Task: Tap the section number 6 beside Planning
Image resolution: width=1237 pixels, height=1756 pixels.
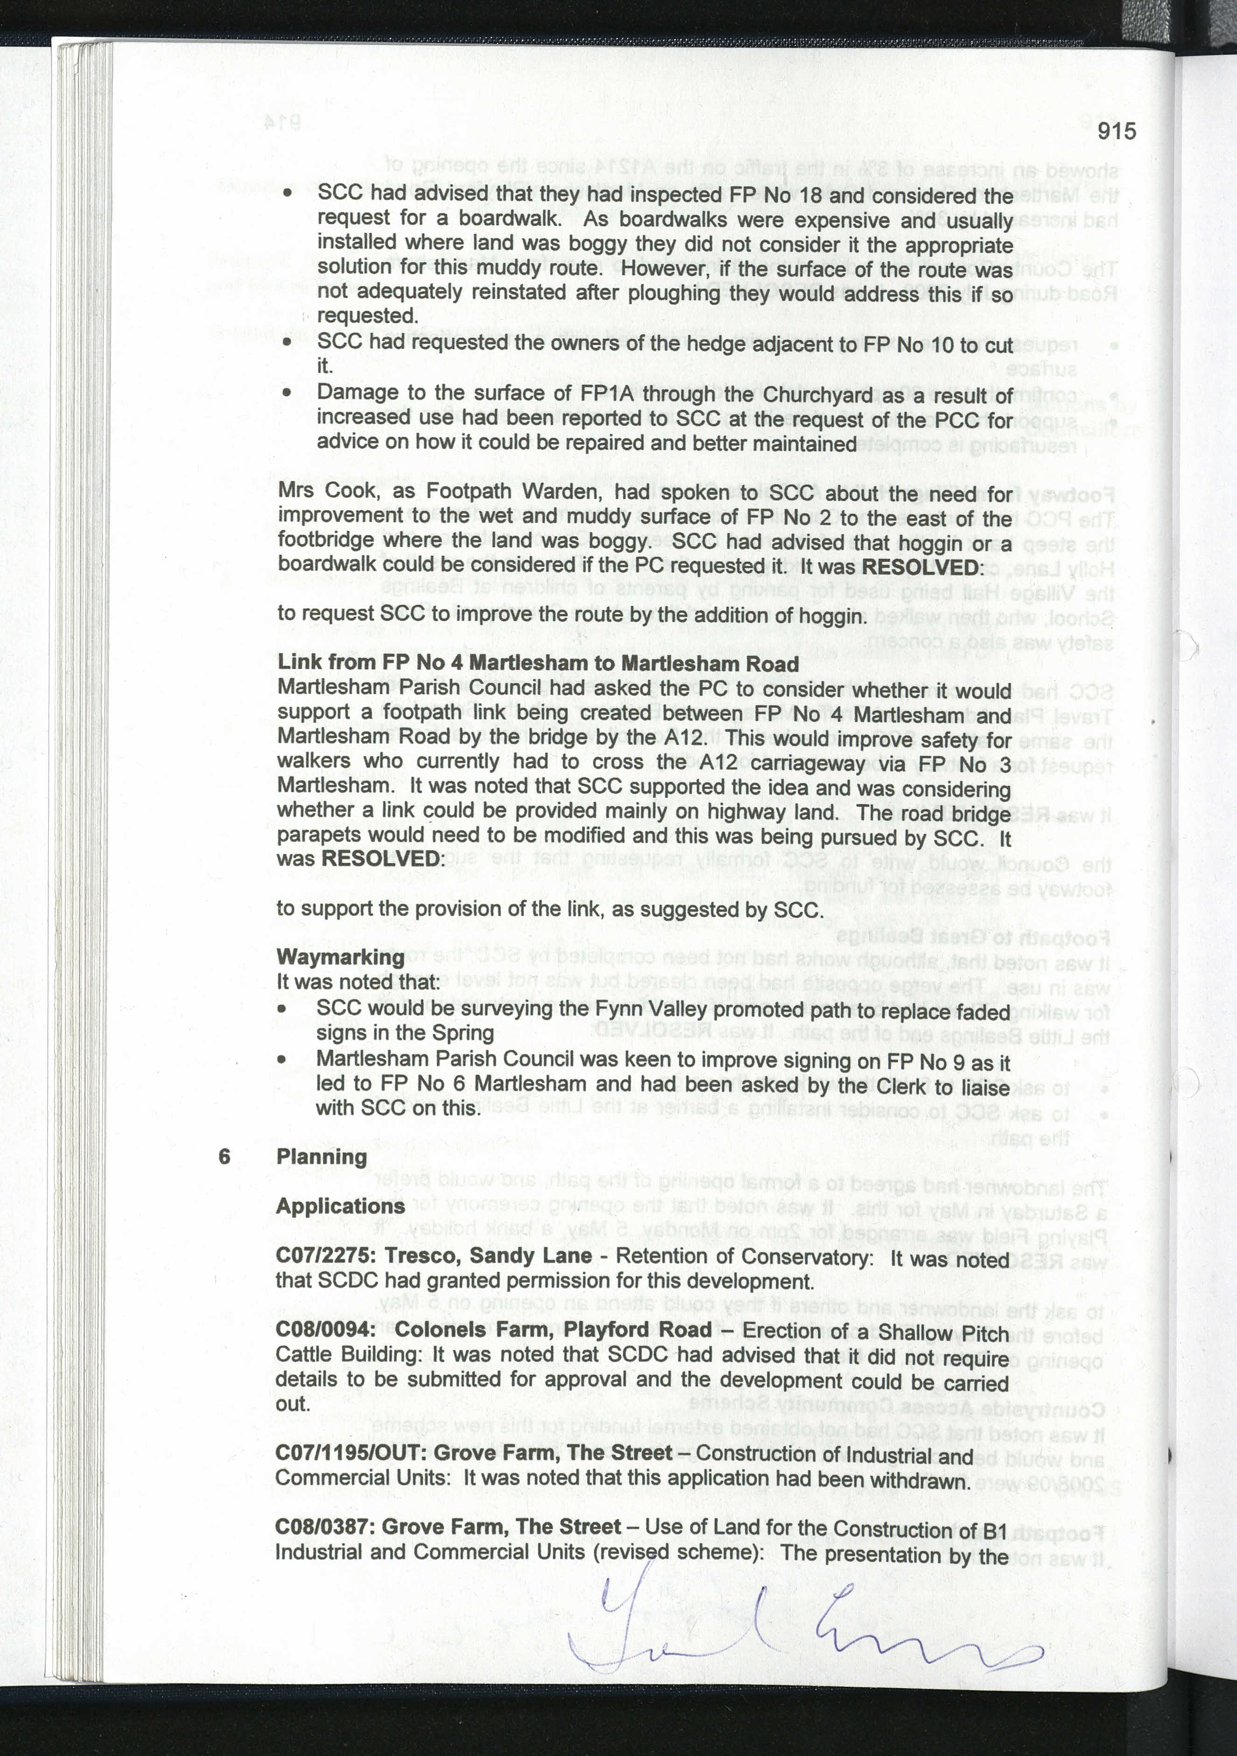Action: [224, 1157]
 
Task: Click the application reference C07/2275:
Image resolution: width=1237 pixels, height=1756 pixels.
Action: [327, 1256]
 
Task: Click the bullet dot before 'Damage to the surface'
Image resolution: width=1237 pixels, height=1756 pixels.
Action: [287, 393]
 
